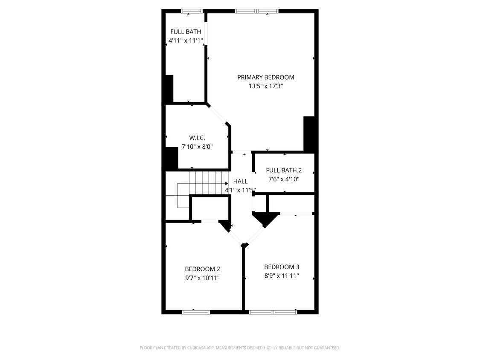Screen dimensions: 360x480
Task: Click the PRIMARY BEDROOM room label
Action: tap(266, 77)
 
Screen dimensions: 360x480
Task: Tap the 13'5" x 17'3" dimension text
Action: tap(266, 86)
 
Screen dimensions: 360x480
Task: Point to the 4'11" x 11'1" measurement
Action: tap(186, 41)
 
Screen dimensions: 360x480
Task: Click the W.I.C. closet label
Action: tap(197, 137)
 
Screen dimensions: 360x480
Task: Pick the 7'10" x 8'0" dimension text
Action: tap(197, 147)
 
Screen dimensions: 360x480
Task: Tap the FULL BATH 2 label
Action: tap(284, 170)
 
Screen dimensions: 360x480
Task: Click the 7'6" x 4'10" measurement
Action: tap(284, 179)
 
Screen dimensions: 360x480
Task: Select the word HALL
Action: tap(240, 181)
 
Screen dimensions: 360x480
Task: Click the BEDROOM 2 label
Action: tap(202, 269)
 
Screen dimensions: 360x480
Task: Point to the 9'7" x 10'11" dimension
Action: tap(202, 278)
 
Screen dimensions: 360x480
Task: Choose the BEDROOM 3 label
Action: tap(282, 267)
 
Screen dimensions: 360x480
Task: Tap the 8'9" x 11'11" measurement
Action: tap(282, 276)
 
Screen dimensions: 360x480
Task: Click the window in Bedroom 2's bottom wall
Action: tap(196, 312)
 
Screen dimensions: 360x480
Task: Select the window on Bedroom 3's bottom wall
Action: tap(273, 312)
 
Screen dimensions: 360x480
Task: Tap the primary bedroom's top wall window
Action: tap(256, 11)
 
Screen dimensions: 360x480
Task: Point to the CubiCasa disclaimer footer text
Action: tap(240, 348)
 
